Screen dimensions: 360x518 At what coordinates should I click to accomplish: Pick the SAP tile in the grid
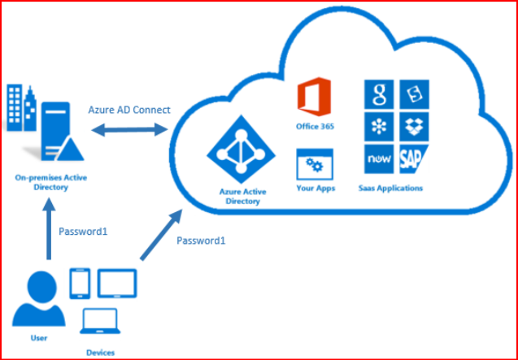[412, 157]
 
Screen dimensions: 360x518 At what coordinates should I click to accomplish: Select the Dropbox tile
[412, 126]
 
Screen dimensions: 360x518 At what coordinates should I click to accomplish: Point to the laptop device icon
[100, 323]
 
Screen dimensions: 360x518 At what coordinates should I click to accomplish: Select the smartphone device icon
[80, 282]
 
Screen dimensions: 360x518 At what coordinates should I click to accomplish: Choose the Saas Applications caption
[390, 189]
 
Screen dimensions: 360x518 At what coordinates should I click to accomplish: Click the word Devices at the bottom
[100, 352]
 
